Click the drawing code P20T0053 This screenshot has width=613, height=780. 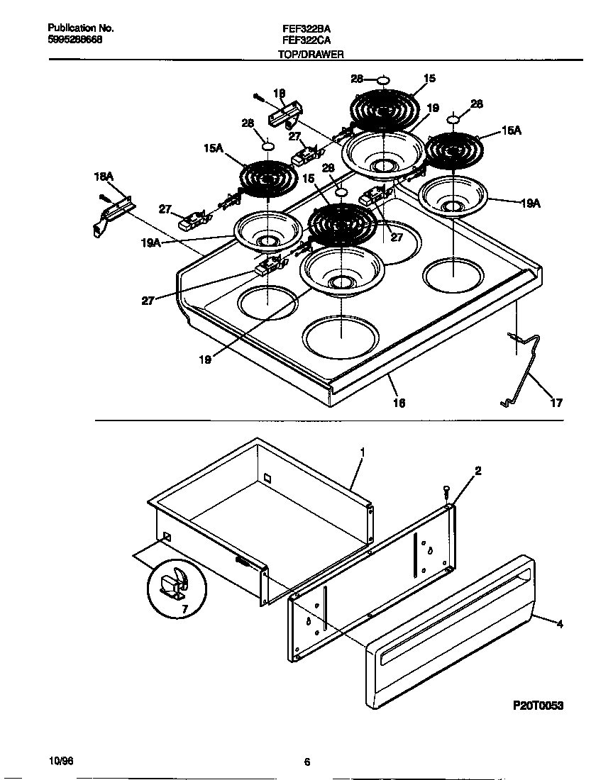538,707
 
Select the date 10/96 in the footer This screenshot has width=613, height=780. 61,760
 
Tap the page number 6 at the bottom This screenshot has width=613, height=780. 306,763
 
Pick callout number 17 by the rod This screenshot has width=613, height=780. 556,403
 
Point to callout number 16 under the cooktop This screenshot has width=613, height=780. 399,403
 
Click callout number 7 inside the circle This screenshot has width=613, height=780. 184,609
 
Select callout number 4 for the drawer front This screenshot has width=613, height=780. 560,624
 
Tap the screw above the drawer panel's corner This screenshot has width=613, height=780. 446,490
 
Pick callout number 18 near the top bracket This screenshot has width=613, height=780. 280,92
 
